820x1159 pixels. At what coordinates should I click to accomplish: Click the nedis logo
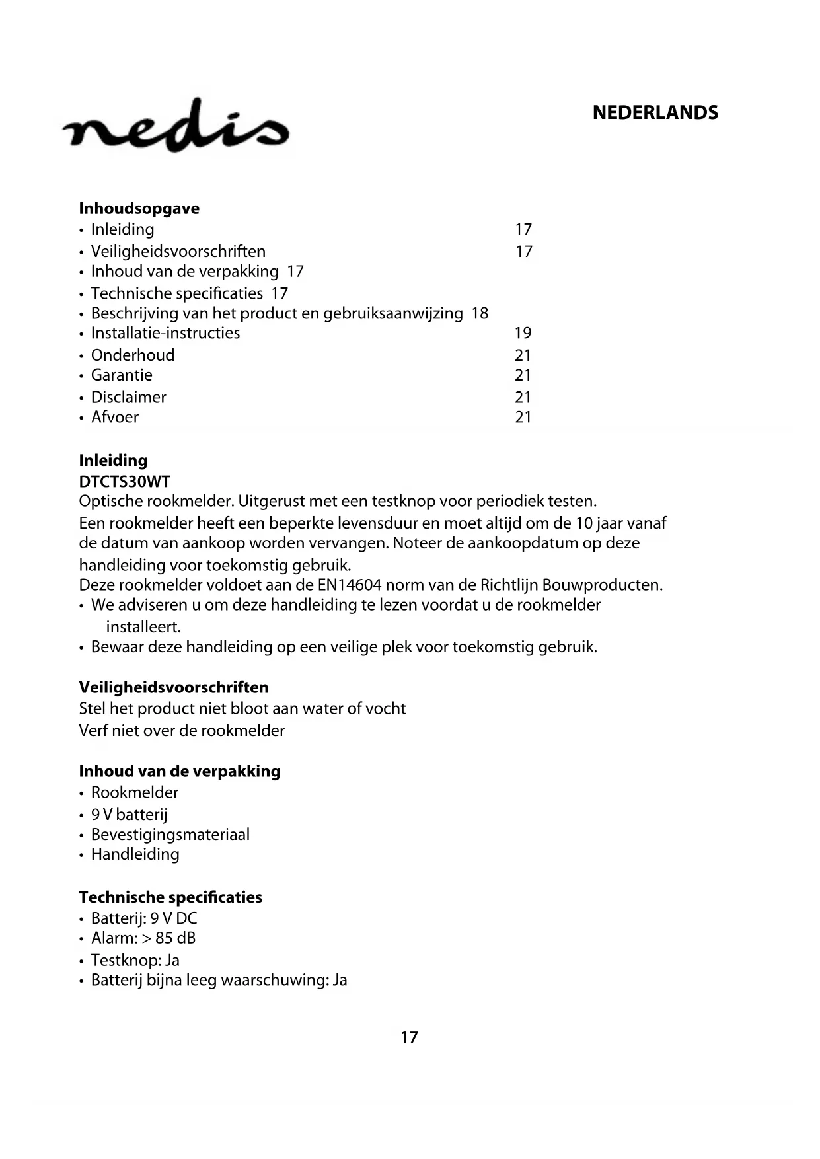coord(176,127)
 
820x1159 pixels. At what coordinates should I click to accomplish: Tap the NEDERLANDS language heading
coord(655,113)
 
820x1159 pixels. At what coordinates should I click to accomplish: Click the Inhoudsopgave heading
coord(139,209)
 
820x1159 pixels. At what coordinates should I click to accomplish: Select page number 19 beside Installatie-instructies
coord(523,333)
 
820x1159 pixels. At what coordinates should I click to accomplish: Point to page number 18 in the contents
coord(480,313)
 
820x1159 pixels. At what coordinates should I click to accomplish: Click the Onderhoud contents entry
coord(133,355)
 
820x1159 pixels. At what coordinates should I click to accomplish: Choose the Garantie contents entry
coord(122,375)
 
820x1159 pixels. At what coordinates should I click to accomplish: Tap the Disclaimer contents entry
coord(128,397)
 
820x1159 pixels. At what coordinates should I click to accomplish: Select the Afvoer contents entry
coord(115,417)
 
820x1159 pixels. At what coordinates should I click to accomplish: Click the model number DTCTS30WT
coord(124,482)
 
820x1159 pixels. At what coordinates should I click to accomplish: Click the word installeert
coord(143,626)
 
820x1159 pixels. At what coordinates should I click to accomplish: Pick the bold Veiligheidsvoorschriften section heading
coord(174,688)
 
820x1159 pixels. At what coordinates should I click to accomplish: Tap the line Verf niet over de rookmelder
coord(182,731)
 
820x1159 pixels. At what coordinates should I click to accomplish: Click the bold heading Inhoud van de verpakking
coord(180,772)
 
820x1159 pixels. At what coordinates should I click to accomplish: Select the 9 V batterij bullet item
coord(130,815)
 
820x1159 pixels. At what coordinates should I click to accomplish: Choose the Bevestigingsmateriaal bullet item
coord(170,835)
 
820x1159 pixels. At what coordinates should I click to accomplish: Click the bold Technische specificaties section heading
coord(170,897)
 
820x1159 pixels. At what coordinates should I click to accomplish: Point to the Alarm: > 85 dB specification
coord(143,938)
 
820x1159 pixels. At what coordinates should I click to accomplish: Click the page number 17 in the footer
coord(410,1037)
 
